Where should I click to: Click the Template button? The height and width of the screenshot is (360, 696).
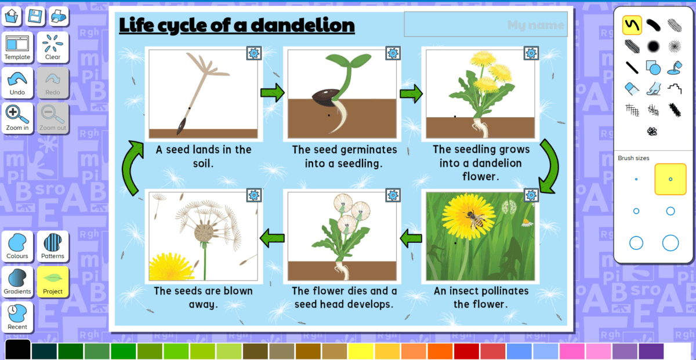tap(17, 47)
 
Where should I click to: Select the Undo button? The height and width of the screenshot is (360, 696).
tap(17, 83)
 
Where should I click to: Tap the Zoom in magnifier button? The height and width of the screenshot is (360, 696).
tap(17, 118)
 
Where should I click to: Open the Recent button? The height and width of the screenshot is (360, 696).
tap(17, 317)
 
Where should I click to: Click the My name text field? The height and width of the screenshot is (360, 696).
tap(485, 24)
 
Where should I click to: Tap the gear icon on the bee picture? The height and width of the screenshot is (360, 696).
tap(531, 195)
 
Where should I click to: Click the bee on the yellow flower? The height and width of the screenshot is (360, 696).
tap(476, 220)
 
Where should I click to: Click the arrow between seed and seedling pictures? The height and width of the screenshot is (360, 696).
tap(272, 92)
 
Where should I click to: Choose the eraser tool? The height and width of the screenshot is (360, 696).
tap(632, 89)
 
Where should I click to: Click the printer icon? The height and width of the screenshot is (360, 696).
tap(58, 16)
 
